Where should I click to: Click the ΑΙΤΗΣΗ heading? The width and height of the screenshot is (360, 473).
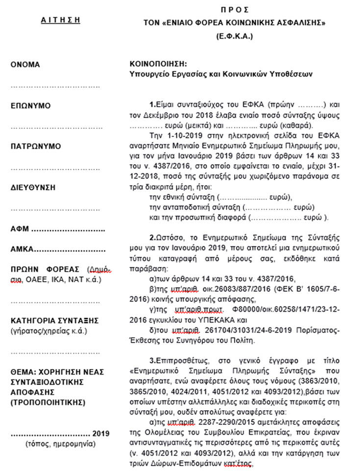tap(60, 21)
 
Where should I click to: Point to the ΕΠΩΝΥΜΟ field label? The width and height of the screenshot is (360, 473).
tap(30, 106)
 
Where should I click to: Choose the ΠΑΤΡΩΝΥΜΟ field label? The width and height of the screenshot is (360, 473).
tap(35, 147)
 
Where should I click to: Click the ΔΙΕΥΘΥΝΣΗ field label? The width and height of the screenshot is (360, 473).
tap(32, 187)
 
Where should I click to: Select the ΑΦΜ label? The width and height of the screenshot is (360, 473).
tap(20, 229)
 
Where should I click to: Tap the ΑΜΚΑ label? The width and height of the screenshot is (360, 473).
tap(22, 249)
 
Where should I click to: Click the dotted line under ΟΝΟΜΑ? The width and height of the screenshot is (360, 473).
tap(55, 86)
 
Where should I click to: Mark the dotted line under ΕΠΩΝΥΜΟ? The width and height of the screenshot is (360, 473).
tap(55, 127)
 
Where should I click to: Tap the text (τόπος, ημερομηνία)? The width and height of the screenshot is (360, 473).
tap(60, 445)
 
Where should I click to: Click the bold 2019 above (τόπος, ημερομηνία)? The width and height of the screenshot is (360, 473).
tap(101, 434)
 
